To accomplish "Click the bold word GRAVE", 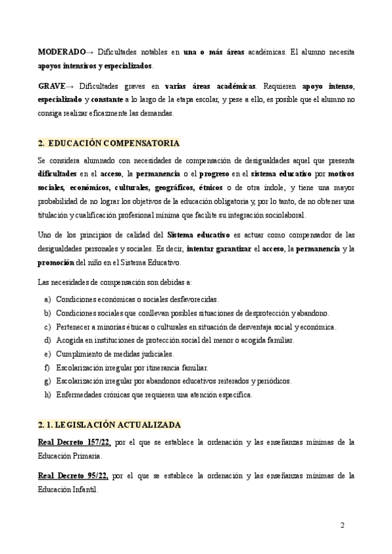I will click(x=52, y=86).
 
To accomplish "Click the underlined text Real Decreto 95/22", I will click(x=73, y=476).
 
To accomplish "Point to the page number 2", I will click(x=344, y=525).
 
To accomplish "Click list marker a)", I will click(x=48, y=299).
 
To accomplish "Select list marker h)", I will click(x=48, y=395).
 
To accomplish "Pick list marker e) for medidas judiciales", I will click(x=48, y=353).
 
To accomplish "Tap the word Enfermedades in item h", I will click(x=78, y=395).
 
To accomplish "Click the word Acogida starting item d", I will click(x=69, y=340).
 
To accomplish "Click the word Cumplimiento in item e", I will click(x=77, y=353).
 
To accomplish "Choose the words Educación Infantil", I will click(x=69, y=490).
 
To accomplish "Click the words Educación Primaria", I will click(x=70, y=456).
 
